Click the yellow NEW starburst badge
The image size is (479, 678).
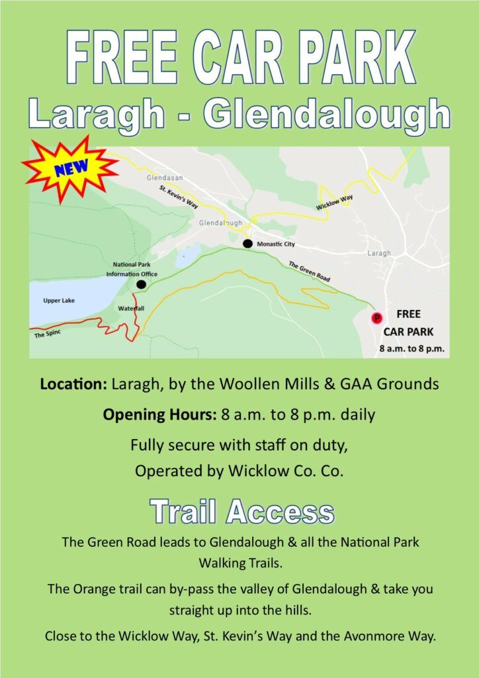[x=69, y=168]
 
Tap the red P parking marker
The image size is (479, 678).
[x=377, y=318]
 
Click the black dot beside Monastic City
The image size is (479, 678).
[x=247, y=244]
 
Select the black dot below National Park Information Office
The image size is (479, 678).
[x=141, y=285]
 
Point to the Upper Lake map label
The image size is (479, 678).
[x=59, y=301]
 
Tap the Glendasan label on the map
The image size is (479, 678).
[x=159, y=178]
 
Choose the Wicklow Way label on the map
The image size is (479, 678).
[x=335, y=203]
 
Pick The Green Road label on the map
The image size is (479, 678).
[x=309, y=271]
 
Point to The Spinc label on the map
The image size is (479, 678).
[x=47, y=335]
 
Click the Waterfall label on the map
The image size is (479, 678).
[x=131, y=309]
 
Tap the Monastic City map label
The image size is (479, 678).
[x=275, y=244]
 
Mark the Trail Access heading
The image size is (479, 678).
[x=241, y=512]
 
